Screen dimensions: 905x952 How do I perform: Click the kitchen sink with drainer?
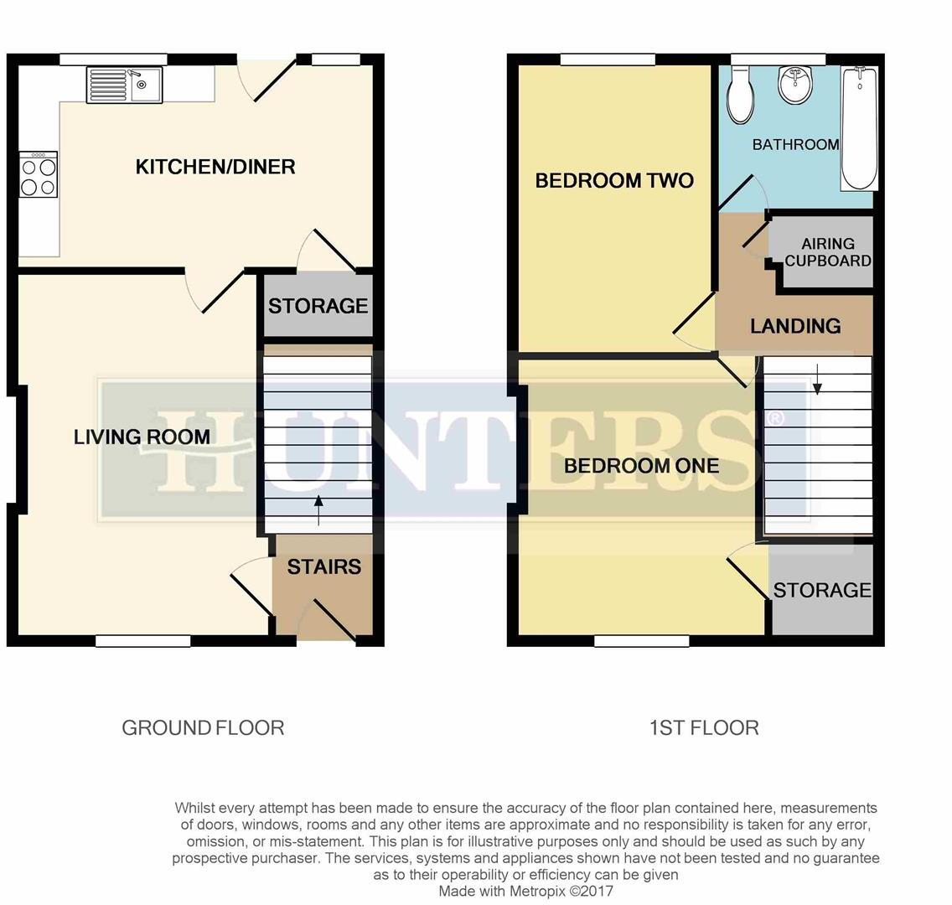click(x=124, y=85)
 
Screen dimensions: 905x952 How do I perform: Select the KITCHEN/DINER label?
click(x=215, y=167)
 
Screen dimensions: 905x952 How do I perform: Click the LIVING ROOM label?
click(x=142, y=437)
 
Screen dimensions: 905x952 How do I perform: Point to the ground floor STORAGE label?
click(x=318, y=306)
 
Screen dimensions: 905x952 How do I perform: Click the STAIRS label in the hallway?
click(x=323, y=567)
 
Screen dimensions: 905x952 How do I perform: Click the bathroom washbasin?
click(x=794, y=85)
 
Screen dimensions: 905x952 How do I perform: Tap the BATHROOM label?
click(x=795, y=145)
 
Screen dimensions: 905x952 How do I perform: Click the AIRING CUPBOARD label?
click(x=828, y=251)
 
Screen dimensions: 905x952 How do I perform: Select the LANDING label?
click(x=795, y=326)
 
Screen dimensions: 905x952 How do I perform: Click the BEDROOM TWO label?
click(x=614, y=181)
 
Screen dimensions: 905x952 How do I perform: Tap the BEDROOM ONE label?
click(x=641, y=466)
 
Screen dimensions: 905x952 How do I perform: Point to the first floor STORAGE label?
click(x=821, y=591)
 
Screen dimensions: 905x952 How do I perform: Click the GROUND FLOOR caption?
click(x=203, y=727)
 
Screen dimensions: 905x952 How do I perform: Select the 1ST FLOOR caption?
click(x=704, y=727)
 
